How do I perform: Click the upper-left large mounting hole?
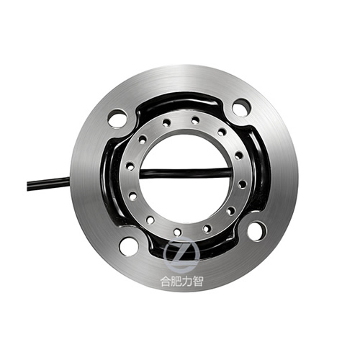point(117,118)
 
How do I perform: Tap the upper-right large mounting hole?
point(242,106)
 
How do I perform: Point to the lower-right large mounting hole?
point(256,231)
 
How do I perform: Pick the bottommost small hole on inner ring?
point(177,232)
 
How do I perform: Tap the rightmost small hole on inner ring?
point(243,184)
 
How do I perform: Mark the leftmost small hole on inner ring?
point(130,166)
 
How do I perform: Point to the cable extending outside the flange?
point(49,183)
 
